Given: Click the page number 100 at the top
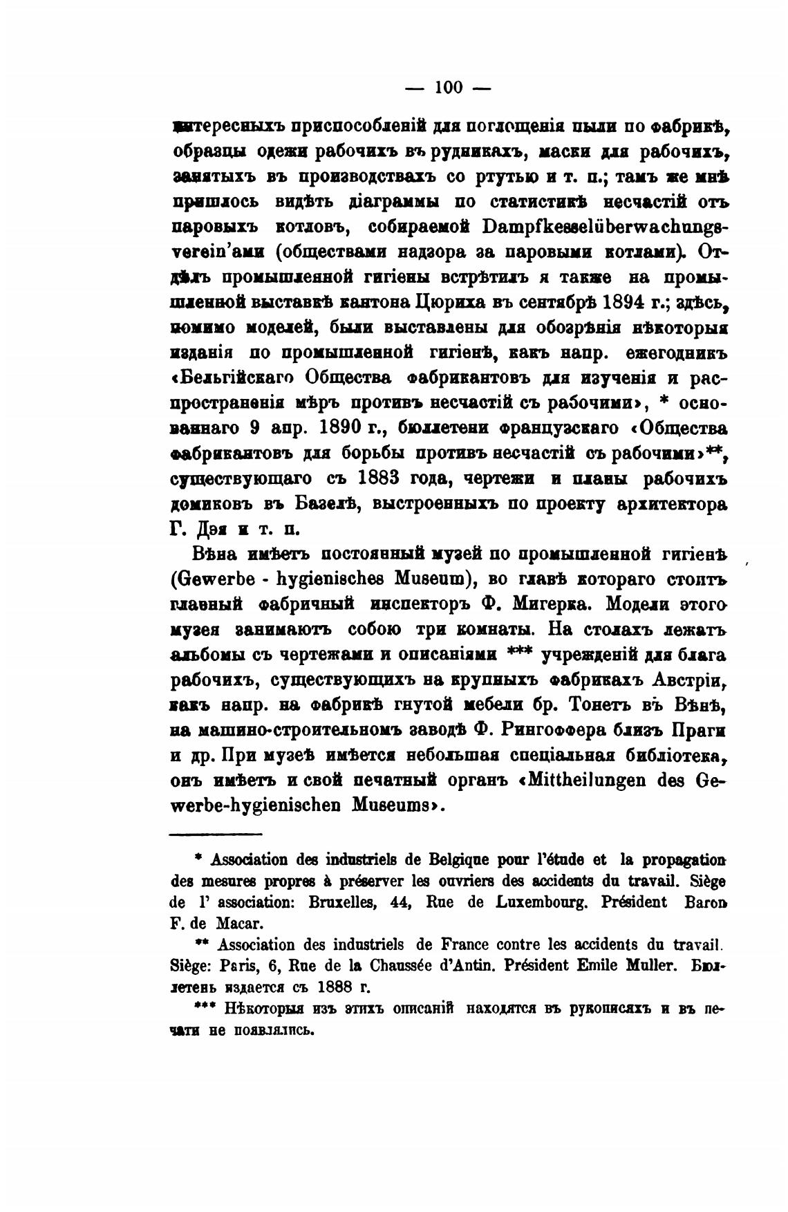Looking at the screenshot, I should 449,88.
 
